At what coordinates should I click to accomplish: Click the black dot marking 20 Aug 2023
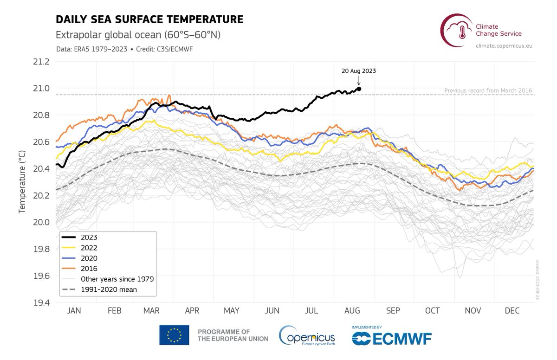(359, 89)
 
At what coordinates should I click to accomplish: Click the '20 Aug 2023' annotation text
(358, 71)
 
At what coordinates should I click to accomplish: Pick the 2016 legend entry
(89, 268)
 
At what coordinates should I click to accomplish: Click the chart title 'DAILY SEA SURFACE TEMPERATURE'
(149, 19)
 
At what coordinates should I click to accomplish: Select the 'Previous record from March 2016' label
(488, 90)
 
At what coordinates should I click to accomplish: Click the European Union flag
(174, 335)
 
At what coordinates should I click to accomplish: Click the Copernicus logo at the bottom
(306, 335)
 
